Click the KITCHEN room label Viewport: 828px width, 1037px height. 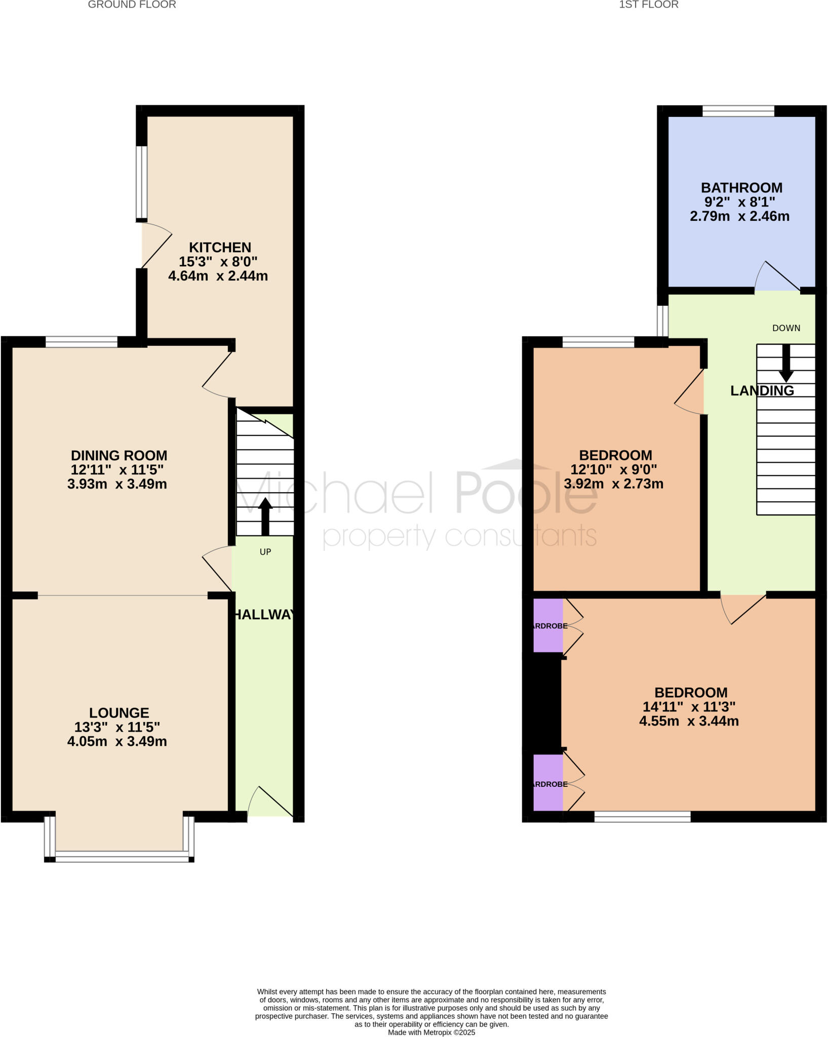coord(220,248)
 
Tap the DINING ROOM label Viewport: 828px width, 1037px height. coord(119,455)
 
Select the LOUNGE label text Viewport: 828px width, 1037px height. coord(119,712)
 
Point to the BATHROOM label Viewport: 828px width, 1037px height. coord(741,188)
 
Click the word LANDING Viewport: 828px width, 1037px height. coord(762,390)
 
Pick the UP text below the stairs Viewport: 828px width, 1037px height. coord(265,552)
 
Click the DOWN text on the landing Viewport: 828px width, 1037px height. coord(786,328)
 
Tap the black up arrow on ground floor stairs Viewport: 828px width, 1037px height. coord(265,516)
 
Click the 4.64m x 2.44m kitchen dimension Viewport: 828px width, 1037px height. coord(218,276)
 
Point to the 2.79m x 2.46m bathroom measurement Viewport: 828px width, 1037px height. coord(739,217)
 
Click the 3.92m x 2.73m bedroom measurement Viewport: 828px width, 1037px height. coord(613,484)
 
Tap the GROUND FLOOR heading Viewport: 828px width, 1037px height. coord(132,5)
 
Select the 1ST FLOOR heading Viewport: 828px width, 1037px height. coord(649,5)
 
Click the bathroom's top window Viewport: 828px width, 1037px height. coord(738,111)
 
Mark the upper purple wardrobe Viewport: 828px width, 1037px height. coord(548,625)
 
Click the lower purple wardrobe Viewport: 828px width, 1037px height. coord(548,782)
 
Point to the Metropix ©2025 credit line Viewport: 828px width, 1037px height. coord(431,1032)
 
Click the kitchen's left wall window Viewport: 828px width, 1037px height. coord(141,182)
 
